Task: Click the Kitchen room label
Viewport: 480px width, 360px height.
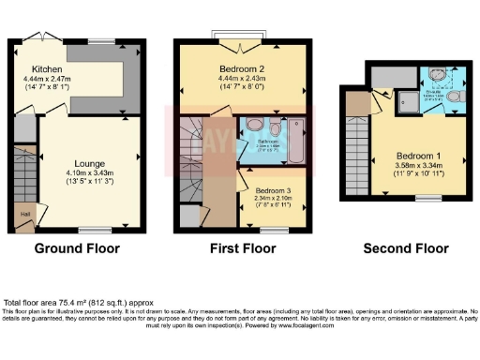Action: point(47,68)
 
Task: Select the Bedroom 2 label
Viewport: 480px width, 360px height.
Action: point(242,68)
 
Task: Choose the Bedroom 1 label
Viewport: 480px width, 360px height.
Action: point(419,155)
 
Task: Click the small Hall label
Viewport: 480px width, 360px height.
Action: point(22,213)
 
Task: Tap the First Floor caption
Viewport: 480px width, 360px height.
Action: point(243,248)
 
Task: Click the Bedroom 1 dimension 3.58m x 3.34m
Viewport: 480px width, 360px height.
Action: point(419,165)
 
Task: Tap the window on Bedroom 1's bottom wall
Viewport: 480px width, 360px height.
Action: point(427,198)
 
